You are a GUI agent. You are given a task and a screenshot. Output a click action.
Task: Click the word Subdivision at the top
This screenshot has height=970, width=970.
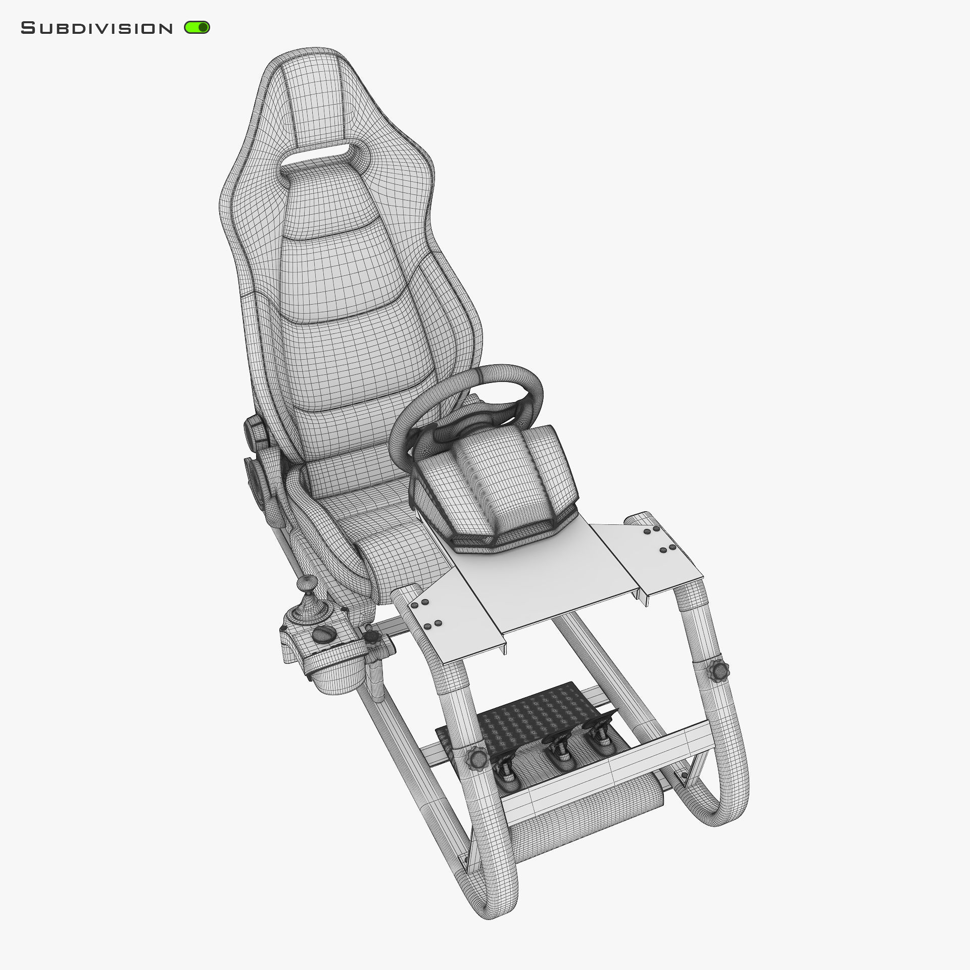click(96, 28)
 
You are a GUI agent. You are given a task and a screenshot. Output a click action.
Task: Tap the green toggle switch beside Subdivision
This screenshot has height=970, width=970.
click(197, 27)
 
